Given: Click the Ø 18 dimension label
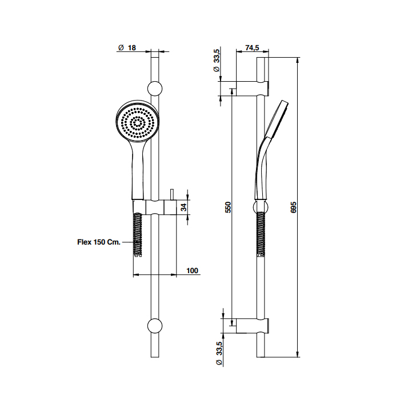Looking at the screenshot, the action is click(127, 47).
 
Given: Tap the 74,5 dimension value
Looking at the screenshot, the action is click(252, 47).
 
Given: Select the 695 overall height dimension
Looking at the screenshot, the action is click(293, 207).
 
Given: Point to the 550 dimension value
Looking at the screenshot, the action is click(228, 207).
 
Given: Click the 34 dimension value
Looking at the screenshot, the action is click(183, 207).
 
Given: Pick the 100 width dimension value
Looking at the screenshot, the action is click(193, 271).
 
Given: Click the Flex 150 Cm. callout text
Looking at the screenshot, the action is click(99, 242).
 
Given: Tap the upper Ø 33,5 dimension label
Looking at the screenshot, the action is click(217, 60).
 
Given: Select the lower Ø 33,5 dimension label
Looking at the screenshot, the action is click(219, 353).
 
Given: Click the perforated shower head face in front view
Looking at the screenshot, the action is click(138, 124).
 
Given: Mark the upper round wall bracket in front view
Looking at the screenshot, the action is click(155, 89).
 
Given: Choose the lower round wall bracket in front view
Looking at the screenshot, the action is click(155, 326).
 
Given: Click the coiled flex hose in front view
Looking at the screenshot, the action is click(138, 234).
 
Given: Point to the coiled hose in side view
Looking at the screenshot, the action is click(261, 234).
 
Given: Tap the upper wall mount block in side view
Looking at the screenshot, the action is click(252, 89).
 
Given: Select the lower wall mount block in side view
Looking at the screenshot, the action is click(252, 326).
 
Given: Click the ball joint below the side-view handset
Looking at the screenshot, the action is click(261, 207).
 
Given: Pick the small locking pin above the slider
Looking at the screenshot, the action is click(172, 195).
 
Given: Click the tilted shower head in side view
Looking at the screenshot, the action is click(277, 120).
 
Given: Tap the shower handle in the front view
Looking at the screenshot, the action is click(138, 174).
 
